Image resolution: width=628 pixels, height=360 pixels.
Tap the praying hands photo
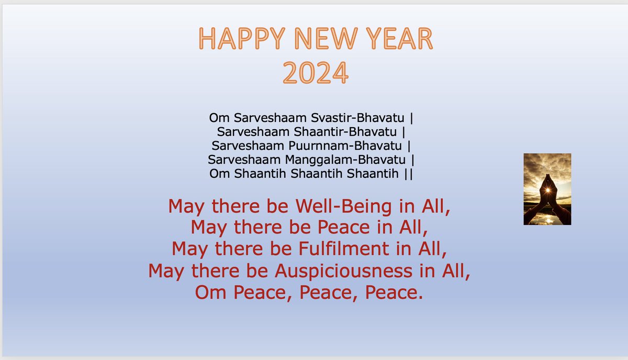click(547, 189)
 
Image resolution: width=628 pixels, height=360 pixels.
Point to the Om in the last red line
click(211, 292)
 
